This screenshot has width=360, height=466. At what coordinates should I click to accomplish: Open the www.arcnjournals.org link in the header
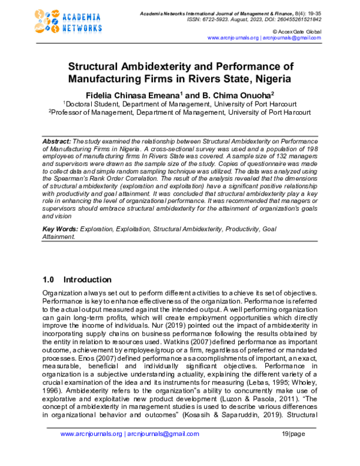(x=233, y=37)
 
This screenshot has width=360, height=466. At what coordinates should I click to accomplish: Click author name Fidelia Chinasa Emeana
(x=124, y=95)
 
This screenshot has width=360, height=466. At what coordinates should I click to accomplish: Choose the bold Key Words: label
(x=61, y=229)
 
